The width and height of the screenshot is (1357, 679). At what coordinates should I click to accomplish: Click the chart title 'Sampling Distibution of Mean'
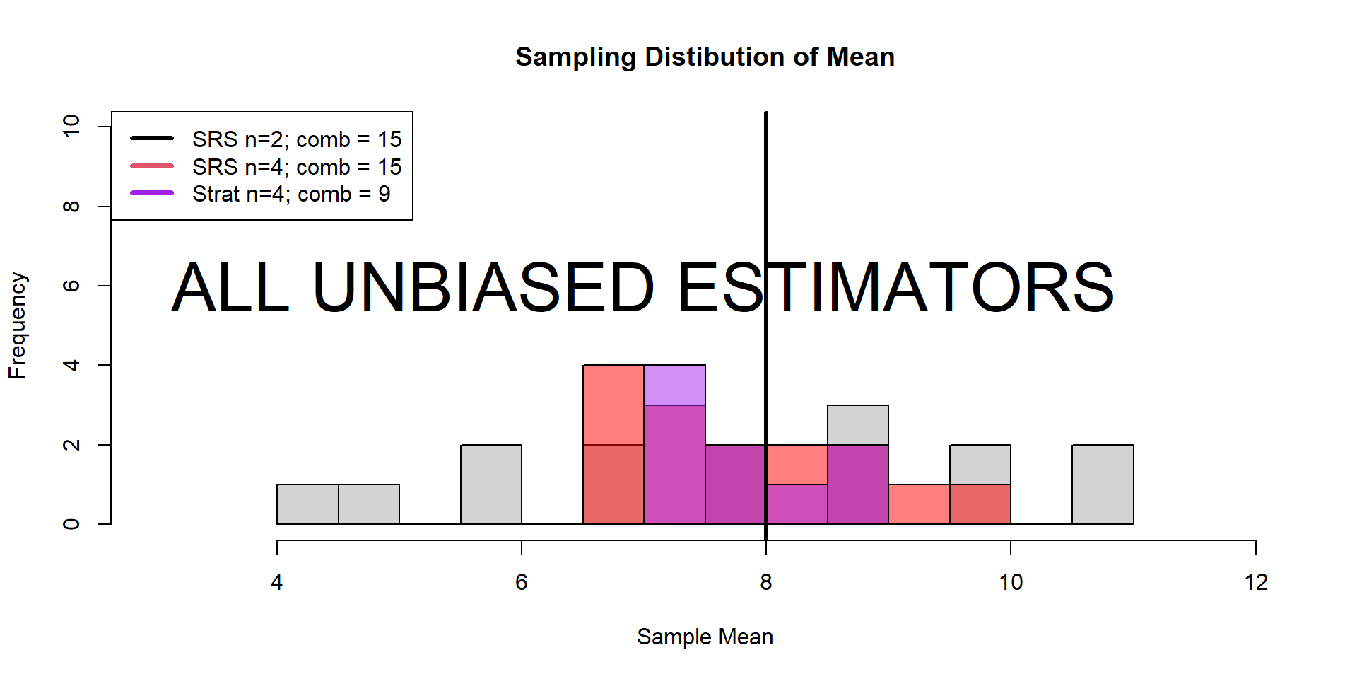click(705, 57)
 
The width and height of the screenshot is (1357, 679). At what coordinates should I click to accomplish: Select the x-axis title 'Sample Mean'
click(705, 637)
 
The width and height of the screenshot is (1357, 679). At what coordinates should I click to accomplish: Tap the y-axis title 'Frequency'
click(17, 325)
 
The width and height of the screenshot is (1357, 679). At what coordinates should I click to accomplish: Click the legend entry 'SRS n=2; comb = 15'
click(296, 139)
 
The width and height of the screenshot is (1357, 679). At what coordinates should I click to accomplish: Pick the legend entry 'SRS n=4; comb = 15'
click(296, 167)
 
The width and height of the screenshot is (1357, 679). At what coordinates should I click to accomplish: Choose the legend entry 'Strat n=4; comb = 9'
click(290, 194)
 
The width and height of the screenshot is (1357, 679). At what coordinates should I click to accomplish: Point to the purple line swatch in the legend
click(152, 192)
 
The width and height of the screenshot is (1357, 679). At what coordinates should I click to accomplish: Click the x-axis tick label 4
click(276, 582)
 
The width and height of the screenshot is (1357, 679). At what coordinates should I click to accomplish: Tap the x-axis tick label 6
click(521, 582)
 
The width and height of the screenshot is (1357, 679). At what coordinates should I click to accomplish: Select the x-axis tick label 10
click(1011, 582)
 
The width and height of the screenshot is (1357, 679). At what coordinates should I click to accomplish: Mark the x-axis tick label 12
click(1256, 582)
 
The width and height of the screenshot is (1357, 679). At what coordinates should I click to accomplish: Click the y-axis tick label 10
click(71, 127)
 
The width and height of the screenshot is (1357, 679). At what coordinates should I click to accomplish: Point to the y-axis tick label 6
click(71, 286)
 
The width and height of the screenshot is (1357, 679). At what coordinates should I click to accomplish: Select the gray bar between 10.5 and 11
click(1103, 484)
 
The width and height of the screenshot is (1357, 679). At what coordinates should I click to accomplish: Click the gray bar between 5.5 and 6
click(491, 484)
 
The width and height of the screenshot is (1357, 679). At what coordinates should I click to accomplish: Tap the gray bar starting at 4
click(307, 504)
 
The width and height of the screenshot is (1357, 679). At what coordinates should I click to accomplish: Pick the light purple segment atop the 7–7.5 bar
click(674, 385)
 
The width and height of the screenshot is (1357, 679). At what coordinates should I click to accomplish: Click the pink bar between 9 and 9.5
click(919, 504)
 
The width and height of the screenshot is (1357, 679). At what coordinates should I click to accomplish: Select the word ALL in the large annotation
click(230, 288)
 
